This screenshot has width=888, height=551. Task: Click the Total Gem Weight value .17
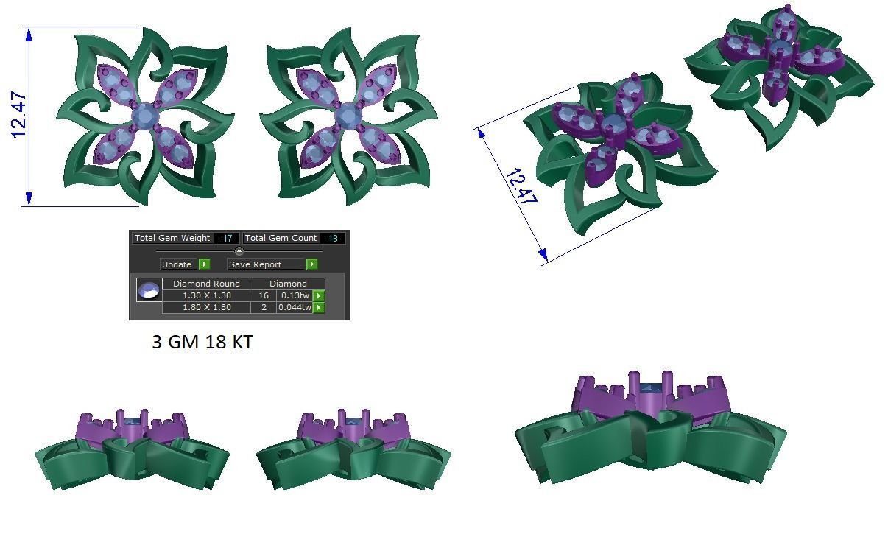tap(227, 238)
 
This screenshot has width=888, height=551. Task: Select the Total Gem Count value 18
tap(333, 238)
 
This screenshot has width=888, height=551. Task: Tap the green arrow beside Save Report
tap(312, 264)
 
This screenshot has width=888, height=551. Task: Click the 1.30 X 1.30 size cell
tap(206, 295)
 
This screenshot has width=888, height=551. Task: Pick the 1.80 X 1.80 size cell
tap(206, 307)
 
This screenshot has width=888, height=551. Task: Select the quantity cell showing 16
tap(264, 295)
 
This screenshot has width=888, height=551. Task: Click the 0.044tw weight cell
tap(295, 307)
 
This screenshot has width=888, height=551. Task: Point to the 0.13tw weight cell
tap(295, 295)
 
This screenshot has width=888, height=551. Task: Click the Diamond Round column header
tap(206, 284)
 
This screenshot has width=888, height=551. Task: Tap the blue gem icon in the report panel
tap(149, 290)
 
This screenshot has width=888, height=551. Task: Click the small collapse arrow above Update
tap(239, 251)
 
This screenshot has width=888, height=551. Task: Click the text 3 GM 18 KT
tap(202, 343)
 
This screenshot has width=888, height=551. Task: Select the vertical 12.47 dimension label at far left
tap(19, 116)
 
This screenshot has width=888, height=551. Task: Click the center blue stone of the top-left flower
tap(145, 116)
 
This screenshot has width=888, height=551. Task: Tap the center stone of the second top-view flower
tap(347, 116)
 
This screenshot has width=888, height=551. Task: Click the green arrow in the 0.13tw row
tap(319, 295)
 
